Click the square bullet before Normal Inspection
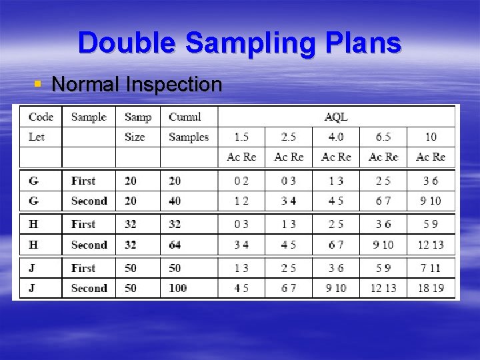click(38, 85)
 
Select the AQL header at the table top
click(336, 117)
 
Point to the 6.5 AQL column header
click(383, 137)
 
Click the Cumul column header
click(185, 117)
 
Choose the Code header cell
click(41, 117)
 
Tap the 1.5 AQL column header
click(241, 137)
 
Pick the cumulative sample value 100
click(178, 288)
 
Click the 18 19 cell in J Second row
click(431, 288)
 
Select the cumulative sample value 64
click(175, 245)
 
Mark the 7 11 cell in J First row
click(431, 268)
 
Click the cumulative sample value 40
click(175, 200)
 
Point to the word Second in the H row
click(89, 245)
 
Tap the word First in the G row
click(83, 181)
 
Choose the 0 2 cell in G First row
click(241, 181)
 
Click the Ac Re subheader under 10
click(431, 157)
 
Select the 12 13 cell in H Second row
click(431, 245)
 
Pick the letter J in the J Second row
click(32, 288)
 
